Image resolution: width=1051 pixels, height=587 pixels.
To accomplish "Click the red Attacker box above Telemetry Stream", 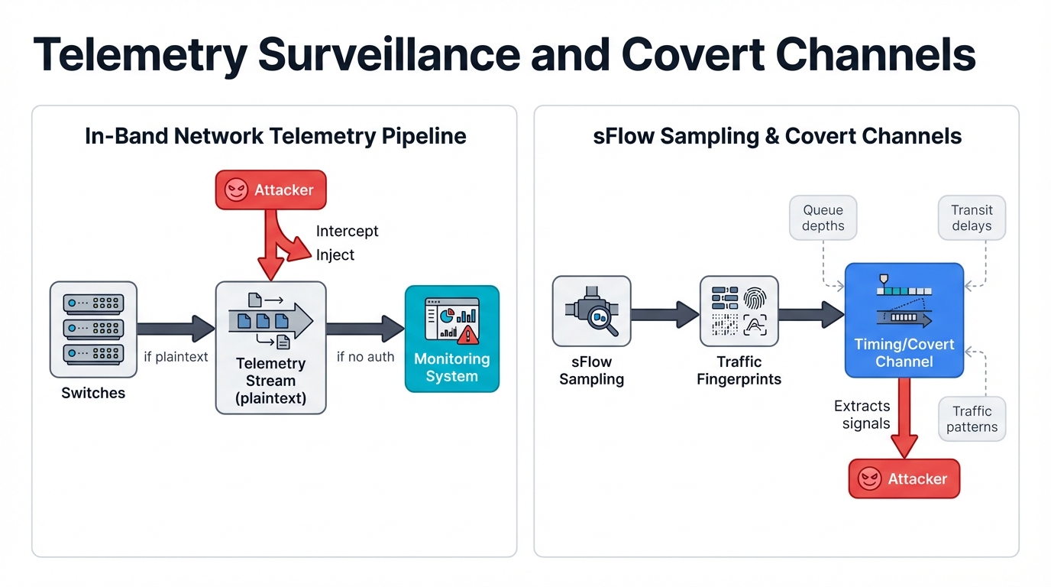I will pos(270,190).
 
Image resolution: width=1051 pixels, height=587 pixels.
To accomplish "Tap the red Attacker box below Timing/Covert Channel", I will pos(904,479).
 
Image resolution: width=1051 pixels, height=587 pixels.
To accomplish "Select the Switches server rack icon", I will pos(93,329).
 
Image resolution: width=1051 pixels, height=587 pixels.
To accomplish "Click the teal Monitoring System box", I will pos(451,339).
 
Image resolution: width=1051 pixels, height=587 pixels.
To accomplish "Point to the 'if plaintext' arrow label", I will pos(176,356).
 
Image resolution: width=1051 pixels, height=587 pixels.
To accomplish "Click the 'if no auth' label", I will pos(365,356).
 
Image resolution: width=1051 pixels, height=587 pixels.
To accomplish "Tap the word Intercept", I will pos(347,231).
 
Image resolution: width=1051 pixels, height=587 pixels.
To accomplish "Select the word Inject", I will pos(335,255).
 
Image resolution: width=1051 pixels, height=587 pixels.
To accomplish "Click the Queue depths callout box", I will pos(823,218).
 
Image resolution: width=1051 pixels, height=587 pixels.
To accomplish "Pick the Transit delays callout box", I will pos(972,218).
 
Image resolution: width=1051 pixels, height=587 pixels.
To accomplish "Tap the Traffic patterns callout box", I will pos(972,419).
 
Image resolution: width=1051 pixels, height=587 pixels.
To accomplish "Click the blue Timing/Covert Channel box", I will pos(904,320).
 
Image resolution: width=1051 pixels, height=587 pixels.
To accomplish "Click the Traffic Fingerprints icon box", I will pos(739,312).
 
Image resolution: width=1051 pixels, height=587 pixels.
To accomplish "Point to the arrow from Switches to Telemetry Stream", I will pos(176,329).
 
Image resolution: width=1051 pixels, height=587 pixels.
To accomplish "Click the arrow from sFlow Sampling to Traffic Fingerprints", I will pos(665,313).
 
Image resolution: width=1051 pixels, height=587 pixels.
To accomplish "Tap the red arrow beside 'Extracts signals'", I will pos(904,417).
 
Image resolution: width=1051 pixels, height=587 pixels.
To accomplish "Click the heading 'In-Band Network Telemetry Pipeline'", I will pos(275,136).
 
